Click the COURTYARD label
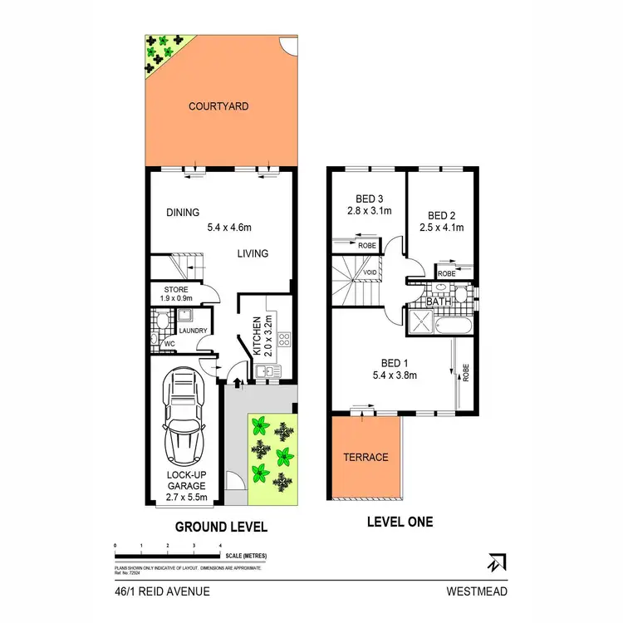(x=218, y=106)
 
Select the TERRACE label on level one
(x=365, y=458)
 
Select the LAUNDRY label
(x=193, y=331)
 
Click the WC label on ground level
(x=169, y=344)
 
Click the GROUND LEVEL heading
(x=220, y=527)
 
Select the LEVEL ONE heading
(x=400, y=522)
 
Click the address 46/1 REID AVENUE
(x=163, y=591)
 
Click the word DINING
(x=182, y=213)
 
